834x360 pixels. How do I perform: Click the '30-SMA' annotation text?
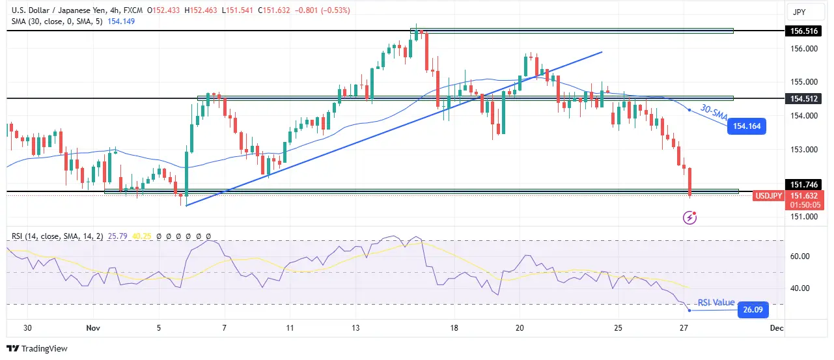point(713,114)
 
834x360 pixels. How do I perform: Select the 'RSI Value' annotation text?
point(716,303)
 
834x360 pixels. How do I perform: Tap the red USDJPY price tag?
point(768,195)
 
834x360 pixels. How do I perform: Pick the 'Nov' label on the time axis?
point(92,329)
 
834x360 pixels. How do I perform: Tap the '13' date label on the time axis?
point(355,329)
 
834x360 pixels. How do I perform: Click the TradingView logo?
point(37,349)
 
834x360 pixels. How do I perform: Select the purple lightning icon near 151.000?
point(691,217)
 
